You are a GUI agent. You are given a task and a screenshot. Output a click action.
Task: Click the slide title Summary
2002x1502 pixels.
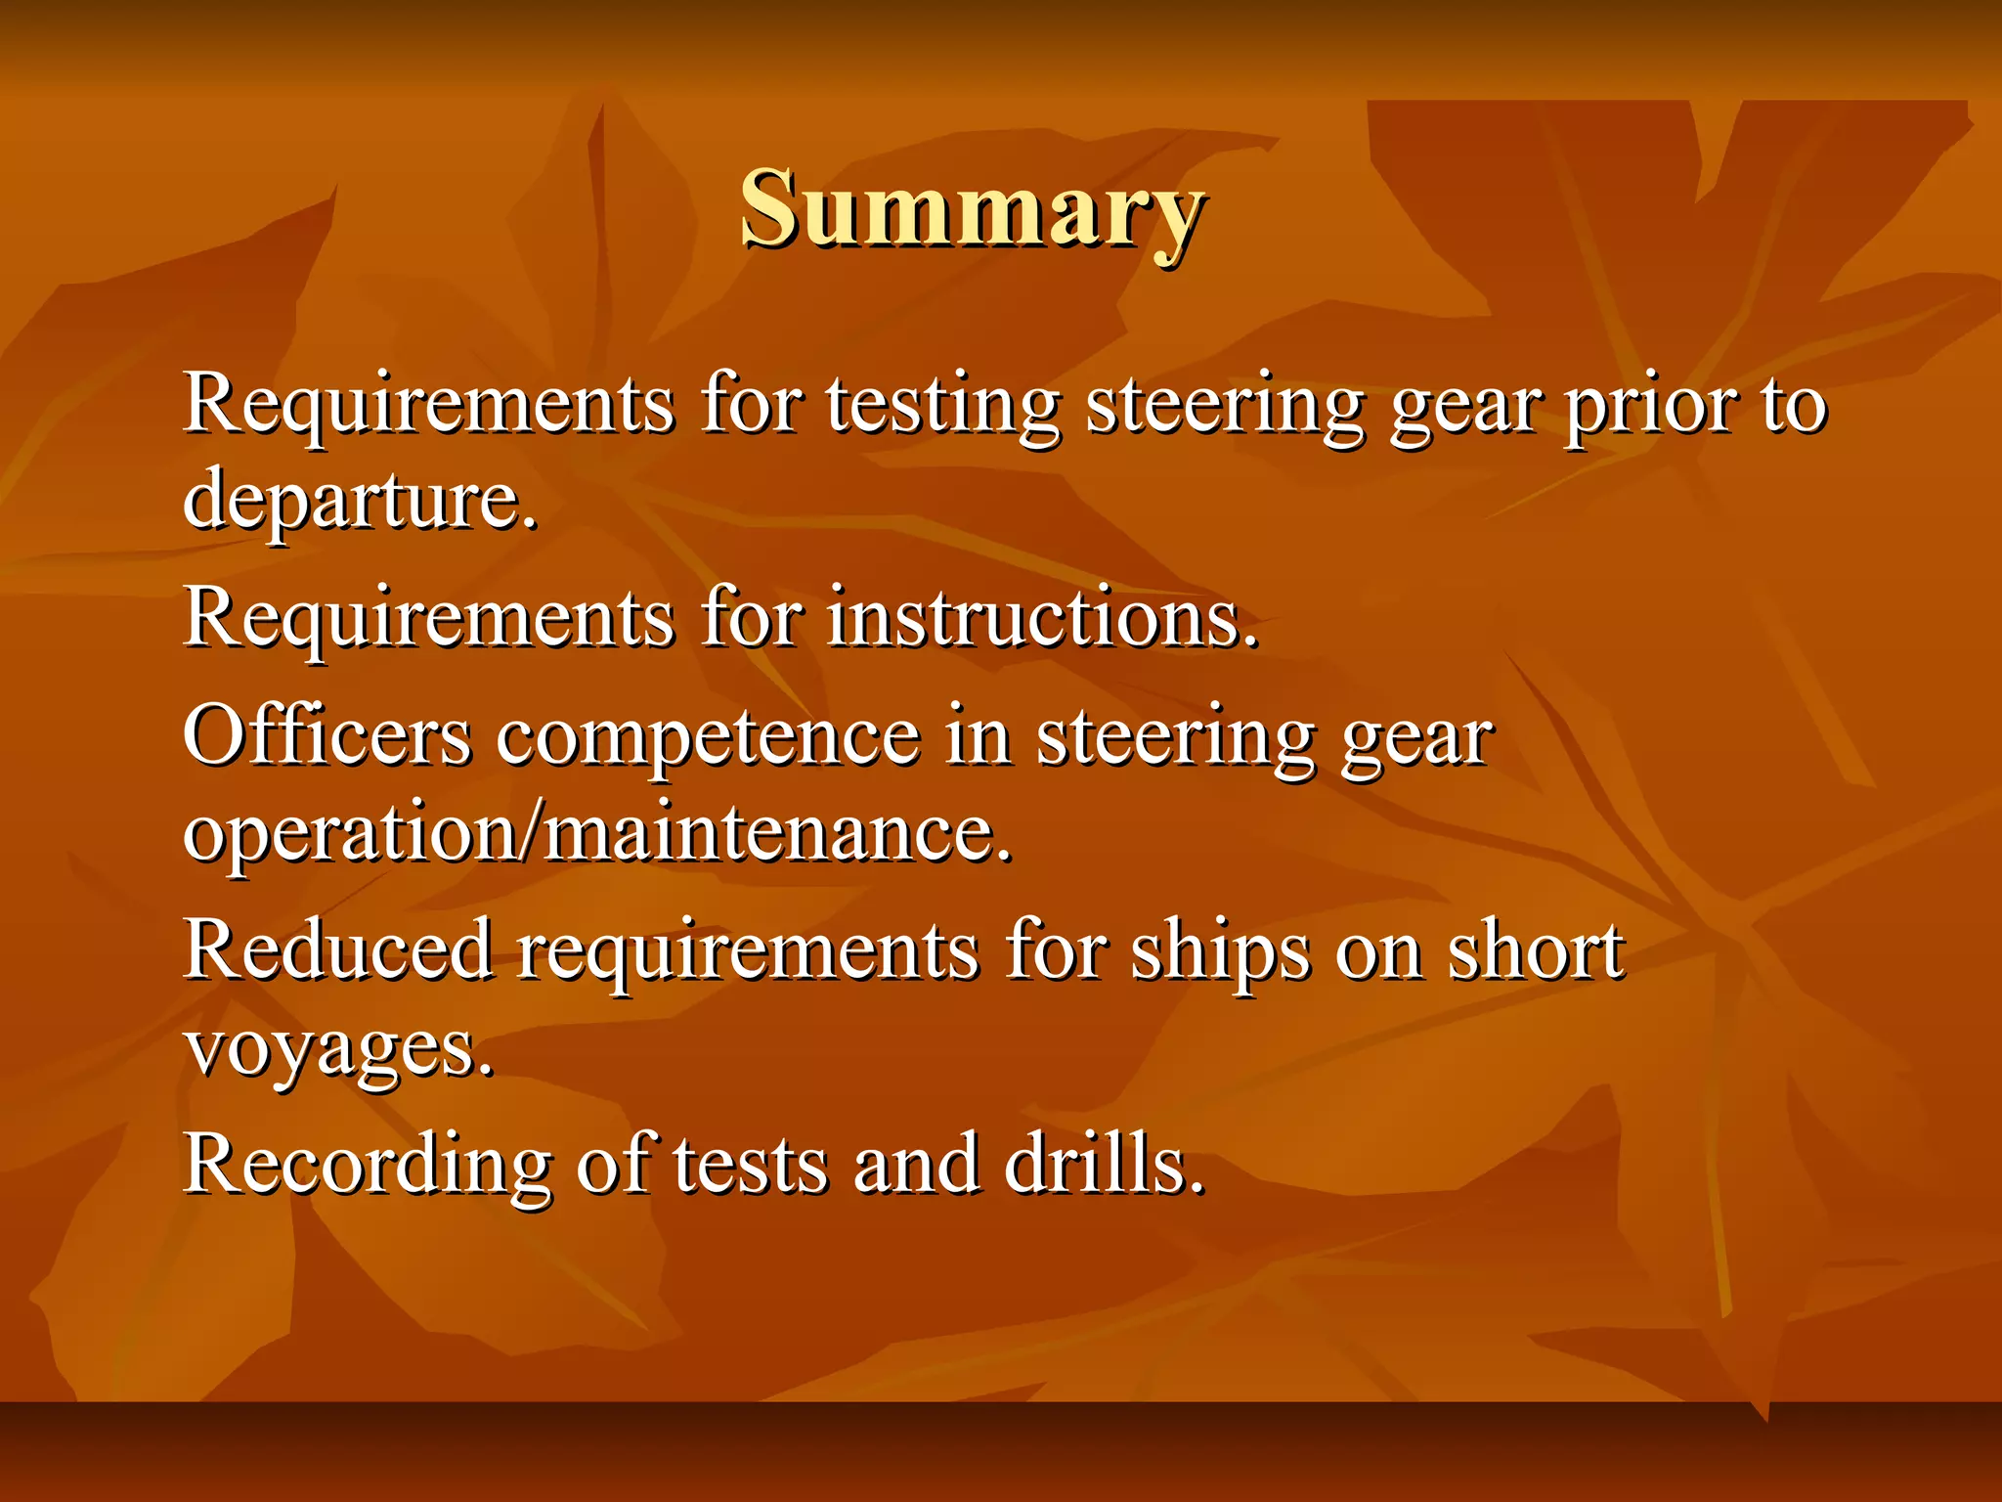click(972, 209)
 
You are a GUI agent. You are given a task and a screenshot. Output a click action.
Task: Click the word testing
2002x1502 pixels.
click(942, 405)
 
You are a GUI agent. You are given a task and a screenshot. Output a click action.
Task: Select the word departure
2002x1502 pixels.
click(360, 499)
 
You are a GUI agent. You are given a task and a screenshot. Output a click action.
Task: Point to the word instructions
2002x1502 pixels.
click(1042, 618)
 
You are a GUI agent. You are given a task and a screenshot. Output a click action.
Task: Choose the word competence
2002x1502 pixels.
click(708, 737)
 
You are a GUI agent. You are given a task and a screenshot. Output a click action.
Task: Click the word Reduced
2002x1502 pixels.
click(337, 950)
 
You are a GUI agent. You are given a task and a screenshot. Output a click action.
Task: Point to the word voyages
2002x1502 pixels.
click(338, 1050)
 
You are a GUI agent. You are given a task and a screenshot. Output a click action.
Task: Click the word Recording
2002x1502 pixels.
click(367, 1166)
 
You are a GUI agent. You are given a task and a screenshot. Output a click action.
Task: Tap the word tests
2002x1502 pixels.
click(750, 1166)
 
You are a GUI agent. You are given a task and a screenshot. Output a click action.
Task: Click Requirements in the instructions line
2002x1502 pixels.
click(428, 620)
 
